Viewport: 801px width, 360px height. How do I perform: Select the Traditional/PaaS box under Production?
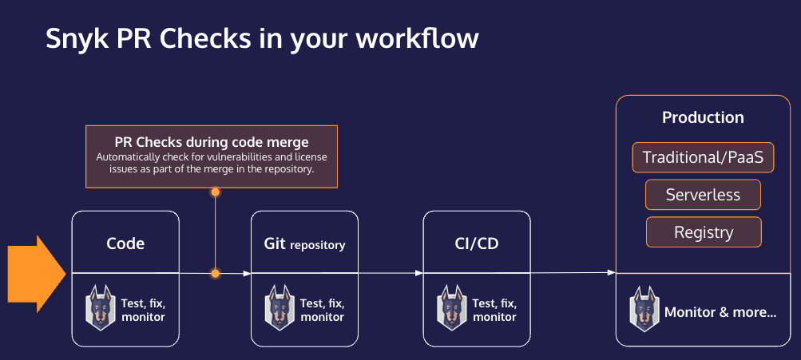pyautogui.click(x=703, y=157)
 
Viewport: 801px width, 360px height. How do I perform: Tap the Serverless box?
pyautogui.click(x=703, y=195)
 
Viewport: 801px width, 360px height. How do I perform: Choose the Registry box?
pyautogui.click(x=703, y=232)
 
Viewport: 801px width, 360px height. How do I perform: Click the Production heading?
pyautogui.click(x=703, y=117)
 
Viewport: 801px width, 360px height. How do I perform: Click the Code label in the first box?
pyautogui.click(x=125, y=243)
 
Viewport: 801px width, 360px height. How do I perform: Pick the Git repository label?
pyautogui.click(x=304, y=244)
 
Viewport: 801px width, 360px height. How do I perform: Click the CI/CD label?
pyautogui.click(x=476, y=243)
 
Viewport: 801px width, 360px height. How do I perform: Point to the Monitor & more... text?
pyautogui.click(x=720, y=312)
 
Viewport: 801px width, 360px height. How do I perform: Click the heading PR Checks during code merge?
pyautogui.click(x=211, y=142)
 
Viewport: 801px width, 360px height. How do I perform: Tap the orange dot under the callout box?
pyautogui.click(x=215, y=192)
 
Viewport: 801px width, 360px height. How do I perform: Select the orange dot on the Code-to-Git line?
pyautogui.click(x=215, y=273)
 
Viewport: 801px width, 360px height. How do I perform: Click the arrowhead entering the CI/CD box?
pyautogui.click(x=418, y=273)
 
